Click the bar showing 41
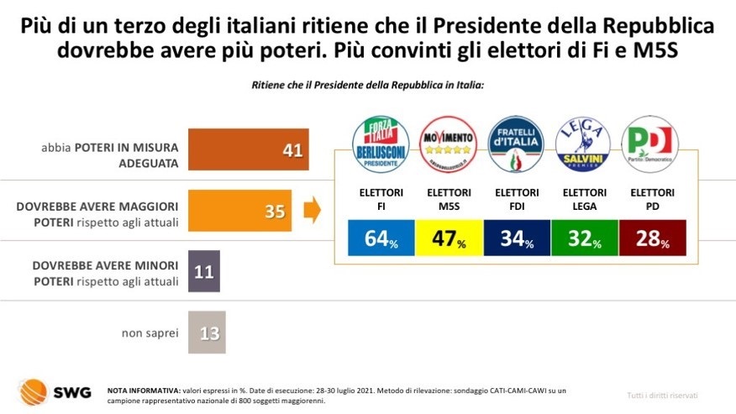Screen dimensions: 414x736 point(249,149)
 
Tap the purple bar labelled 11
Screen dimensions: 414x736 point(203,271)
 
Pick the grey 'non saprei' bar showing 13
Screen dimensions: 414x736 point(207,333)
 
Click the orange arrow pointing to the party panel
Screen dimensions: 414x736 point(312,211)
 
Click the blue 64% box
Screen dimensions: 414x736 point(381,238)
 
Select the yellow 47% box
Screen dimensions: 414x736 point(448,238)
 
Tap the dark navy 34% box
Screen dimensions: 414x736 point(516,238)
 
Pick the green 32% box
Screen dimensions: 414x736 point(583,238)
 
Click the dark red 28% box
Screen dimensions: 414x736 point(651,238)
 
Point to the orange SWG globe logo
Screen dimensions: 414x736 point(34,391)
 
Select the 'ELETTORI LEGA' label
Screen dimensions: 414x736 point(583,198)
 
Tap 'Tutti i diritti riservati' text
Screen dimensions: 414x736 point(662,395)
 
